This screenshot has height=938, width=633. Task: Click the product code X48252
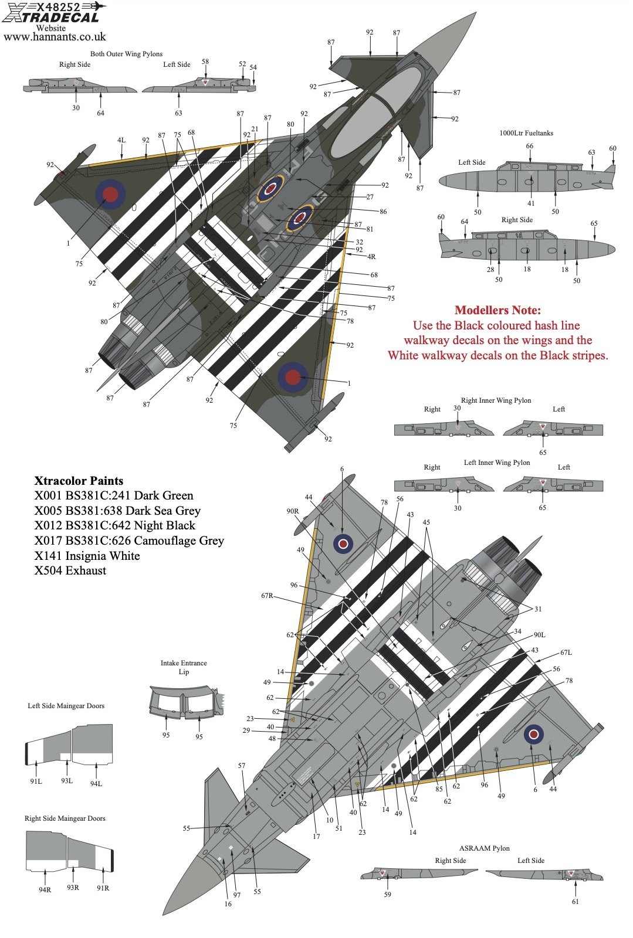click(58, 7)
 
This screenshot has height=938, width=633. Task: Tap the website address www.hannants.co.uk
click(55, 37)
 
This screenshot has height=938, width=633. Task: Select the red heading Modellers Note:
click(497, 310)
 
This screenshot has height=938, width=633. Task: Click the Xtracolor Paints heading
click(79, 481)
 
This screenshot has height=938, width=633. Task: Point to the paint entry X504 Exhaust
click(70, 570)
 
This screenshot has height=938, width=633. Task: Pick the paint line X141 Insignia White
click(87, 556)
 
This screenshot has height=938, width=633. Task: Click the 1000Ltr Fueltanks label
click(526, 133)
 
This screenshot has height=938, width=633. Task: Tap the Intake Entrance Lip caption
click(184, 667)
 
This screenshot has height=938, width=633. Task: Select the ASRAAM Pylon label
click(484, 848)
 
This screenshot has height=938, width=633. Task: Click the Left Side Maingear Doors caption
click(66, 706)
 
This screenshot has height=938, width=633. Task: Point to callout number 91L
click(36, 781)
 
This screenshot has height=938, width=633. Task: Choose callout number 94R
click(45, 889)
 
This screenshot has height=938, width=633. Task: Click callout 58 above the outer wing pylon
click(205, 62)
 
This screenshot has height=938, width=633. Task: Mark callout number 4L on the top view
click(121, 140)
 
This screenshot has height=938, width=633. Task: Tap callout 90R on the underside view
click(292, 511)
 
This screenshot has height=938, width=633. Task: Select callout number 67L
click(566, 652)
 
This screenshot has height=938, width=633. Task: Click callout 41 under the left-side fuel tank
click(531, 203)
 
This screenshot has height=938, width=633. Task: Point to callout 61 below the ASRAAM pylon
click(575, 902)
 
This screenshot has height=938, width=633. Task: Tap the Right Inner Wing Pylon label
click(496, 400)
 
